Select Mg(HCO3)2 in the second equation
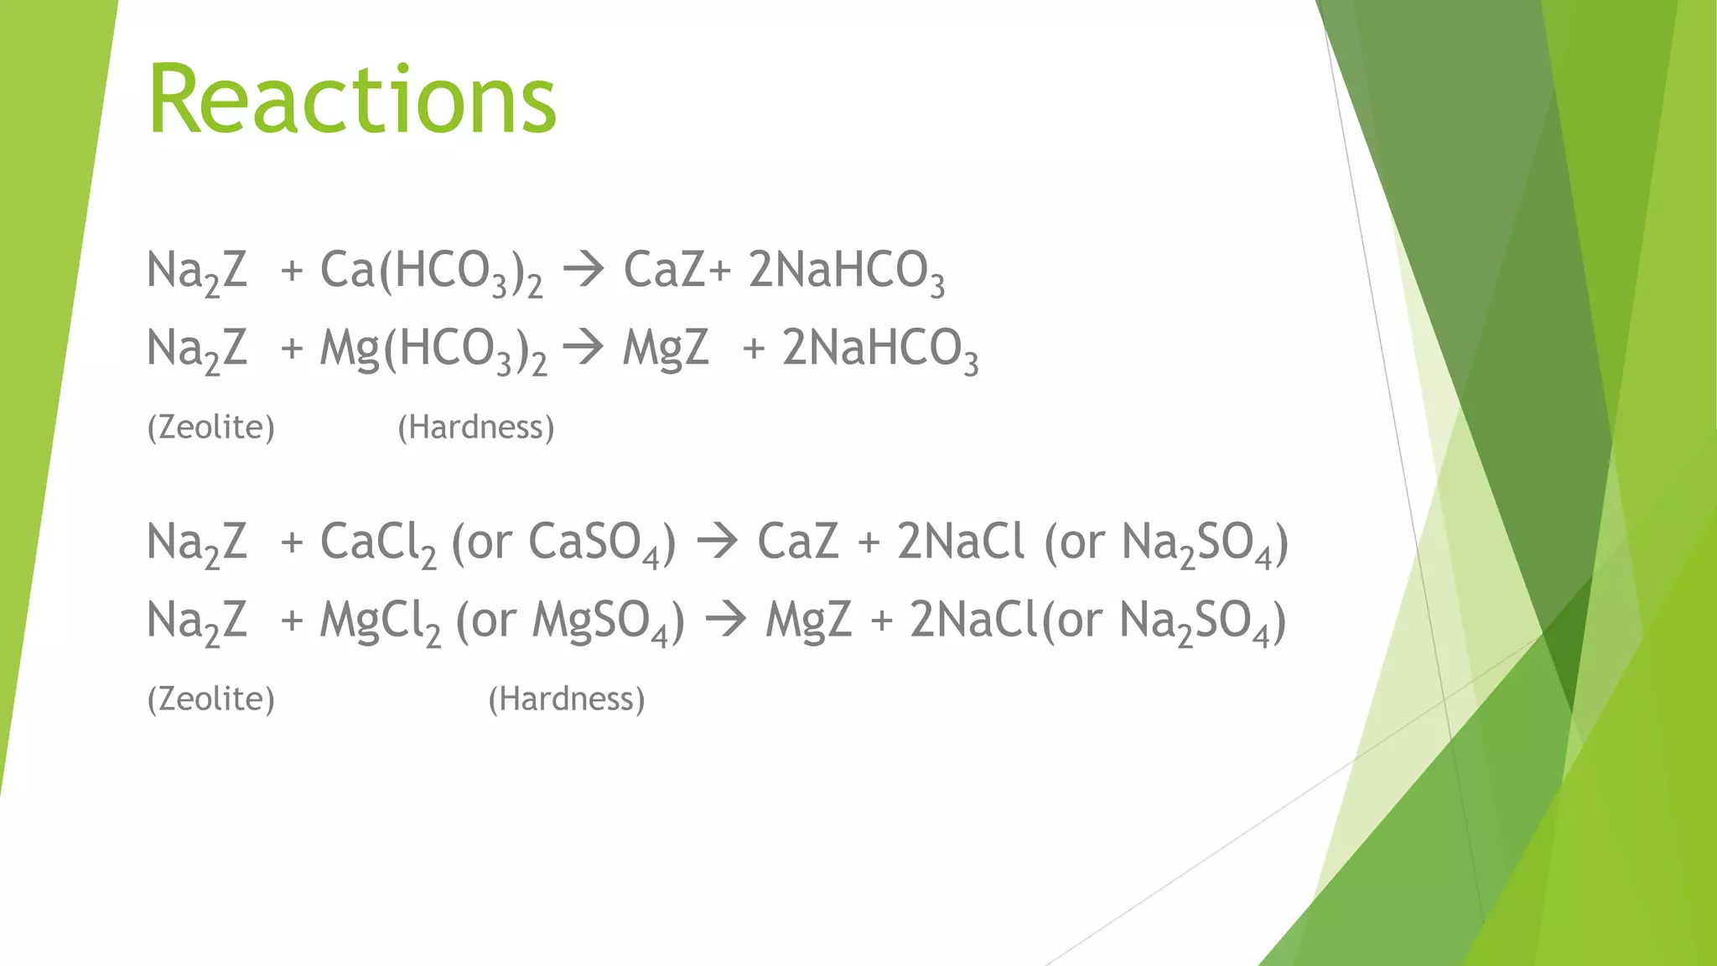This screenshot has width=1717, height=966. tap(433, 350)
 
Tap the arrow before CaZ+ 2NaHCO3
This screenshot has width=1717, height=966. tap(584, 270)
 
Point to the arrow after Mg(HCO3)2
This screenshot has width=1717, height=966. tap(584, 348)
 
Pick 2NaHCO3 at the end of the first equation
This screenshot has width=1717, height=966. tap(847, 272)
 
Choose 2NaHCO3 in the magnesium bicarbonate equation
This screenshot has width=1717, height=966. tap(880, 350)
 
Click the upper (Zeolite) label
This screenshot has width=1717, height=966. tap(211, 428)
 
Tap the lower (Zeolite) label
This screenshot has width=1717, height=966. tap(211, 699)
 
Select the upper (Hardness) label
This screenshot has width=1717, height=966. tap(476, 428)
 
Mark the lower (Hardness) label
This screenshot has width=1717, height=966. tap(567, 699)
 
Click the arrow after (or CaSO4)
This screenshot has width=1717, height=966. tap(718, 542)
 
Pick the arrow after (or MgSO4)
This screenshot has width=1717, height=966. tap(726, 621)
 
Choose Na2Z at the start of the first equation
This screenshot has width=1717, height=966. tap(198, 272)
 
